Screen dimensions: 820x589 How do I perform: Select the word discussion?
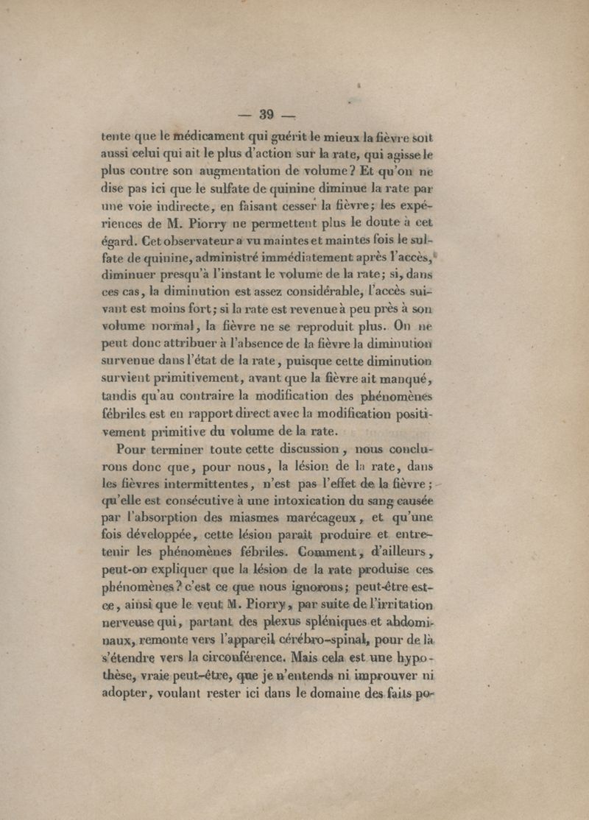click(298, 450)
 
